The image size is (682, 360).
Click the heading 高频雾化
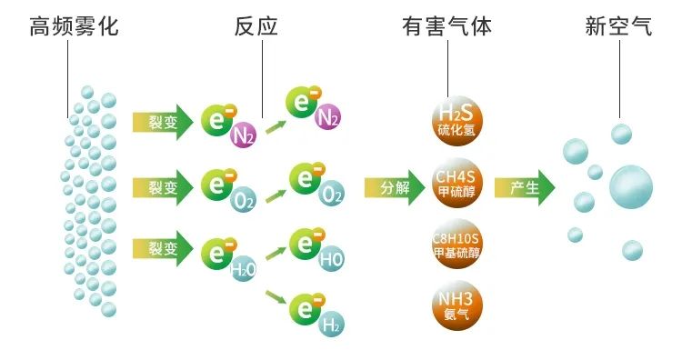tap(74, 27)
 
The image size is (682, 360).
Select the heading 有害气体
tap(446, 27)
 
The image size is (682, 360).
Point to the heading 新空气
tap(618, 27)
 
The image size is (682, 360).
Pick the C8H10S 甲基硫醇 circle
tap(456, 245)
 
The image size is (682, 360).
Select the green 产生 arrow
tap(525, 188)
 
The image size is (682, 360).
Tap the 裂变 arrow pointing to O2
tap(163, 187)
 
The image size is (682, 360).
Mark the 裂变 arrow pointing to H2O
tap(163, 248)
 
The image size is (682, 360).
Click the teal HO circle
tap(332, 259)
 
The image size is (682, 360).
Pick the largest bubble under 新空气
tap(631, 186)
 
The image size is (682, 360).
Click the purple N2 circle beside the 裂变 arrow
tap(243, 136)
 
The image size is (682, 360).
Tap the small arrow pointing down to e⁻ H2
tap(276, 295)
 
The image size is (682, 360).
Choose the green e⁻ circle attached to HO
tap(306, 244)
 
